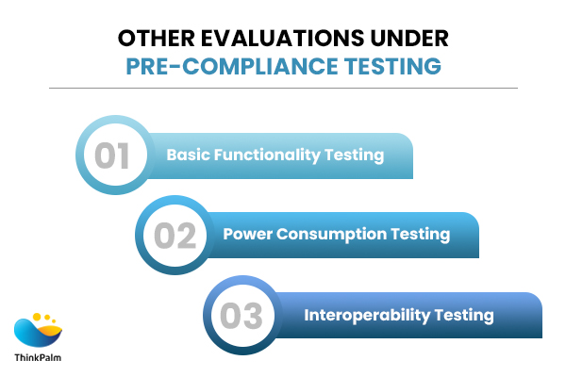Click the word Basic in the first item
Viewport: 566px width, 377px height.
pos(187,155)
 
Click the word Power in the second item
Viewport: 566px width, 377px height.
pos(245,234)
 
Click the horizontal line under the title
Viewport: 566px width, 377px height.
pos(283,88)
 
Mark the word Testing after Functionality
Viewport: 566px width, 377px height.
pos(356,155)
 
